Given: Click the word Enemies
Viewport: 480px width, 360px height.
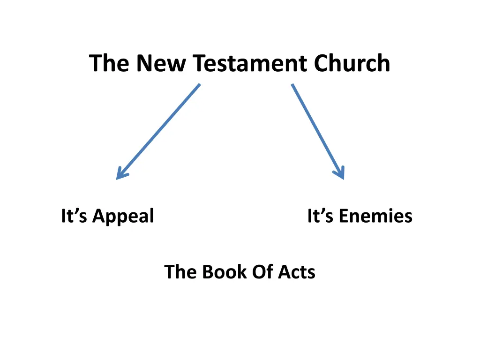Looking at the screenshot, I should pyautogui.click(x=375, y=216).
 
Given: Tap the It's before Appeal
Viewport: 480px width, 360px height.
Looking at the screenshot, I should pyautogui.click(x=75, y=216).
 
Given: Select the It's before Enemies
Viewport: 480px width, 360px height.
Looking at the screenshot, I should pyautogui.click(x=321, y=216).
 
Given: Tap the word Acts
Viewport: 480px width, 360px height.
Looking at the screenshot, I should pyautogui.click(x=297, y=272).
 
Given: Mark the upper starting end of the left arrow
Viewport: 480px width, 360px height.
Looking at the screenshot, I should pyautogui.click(x=200, y=85).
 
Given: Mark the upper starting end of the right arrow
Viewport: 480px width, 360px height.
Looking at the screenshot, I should pyautogui.click(x=292, y=85).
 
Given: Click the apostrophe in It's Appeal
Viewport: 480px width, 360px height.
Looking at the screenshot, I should pyautogui.click(x=77, y=211).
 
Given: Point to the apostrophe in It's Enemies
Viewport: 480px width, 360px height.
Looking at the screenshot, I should pyautogui.click(x=323, y=211).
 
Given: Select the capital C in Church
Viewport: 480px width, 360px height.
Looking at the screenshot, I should pyautogui.click(x=322, y=64).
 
